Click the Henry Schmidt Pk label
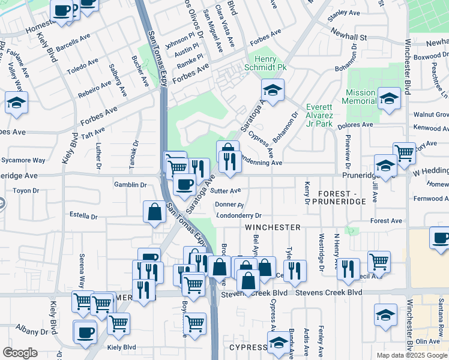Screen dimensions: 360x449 click(x=270, y=63)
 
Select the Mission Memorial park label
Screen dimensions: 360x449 click(x=361, y=97)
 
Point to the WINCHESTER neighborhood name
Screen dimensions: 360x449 click(x=273, y=227)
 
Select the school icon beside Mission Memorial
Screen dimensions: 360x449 click(x=389, y=99)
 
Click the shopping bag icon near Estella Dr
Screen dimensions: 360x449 click(x=154, y=212)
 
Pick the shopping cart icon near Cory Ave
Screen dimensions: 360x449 click(x=404, y=153)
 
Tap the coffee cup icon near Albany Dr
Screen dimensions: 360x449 click(x=85, y=331)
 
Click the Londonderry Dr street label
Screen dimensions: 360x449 click(x=239, y=215)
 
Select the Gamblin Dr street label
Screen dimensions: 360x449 click(x=131, y=185)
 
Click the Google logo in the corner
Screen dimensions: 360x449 click(x=20, y=352)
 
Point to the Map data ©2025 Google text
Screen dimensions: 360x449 click(x=411, y=355)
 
